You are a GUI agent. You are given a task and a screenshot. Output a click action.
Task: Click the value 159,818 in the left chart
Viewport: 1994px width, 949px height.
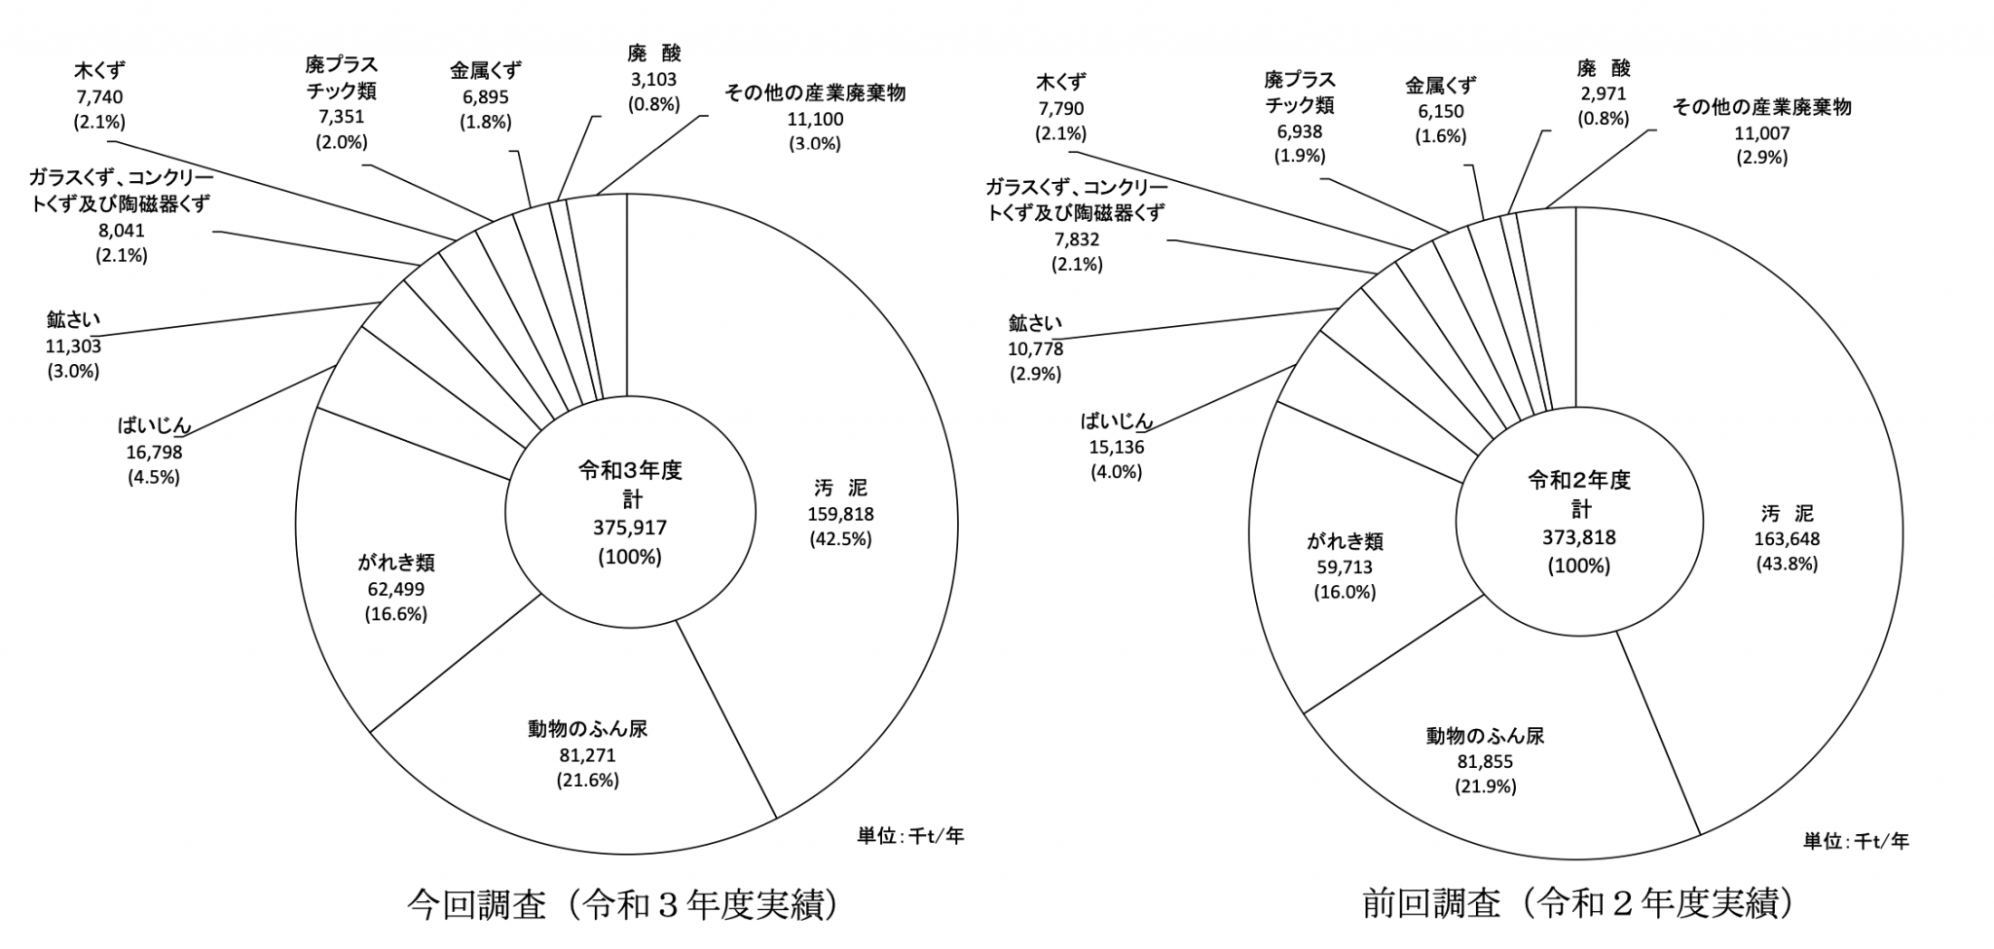tap(840, 514)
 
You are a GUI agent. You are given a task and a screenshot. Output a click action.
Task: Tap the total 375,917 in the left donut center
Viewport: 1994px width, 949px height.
tap(630, 528)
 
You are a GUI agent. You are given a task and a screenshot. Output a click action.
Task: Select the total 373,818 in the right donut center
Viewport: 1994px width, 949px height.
tap(1578, 537)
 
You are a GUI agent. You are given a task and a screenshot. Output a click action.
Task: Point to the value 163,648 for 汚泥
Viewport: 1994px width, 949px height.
tap(1787, 539)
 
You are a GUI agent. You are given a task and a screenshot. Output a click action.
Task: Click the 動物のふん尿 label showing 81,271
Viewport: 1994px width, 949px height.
tap(587, 755)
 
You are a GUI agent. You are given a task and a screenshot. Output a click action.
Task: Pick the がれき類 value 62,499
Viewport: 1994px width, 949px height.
tap(395, 589)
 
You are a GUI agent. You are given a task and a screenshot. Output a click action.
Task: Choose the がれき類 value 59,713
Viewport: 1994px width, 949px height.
tap(1345, 566)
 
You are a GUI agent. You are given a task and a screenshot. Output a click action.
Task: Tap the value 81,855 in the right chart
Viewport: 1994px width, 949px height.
tap(1485, 761)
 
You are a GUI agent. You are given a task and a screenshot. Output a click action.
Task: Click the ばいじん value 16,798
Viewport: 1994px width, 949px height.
tap(154, 452)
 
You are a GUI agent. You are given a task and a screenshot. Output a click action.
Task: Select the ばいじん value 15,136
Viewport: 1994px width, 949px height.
tap(1117, 447)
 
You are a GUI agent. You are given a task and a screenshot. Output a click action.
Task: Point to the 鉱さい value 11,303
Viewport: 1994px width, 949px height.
tap(73, 346)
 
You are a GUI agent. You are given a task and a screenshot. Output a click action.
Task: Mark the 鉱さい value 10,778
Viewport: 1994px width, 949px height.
tap(1035, 348)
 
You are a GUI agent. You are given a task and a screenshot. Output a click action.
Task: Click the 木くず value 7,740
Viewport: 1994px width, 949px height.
tap(99, 96)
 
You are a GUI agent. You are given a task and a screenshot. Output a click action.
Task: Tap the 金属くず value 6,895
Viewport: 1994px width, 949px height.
tap(485, 96)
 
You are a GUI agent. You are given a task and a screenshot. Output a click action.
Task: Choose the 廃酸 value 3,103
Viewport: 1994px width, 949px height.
tap(653, 79)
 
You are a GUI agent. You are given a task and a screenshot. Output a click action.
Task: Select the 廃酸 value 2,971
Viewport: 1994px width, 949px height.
tap(1603, 93)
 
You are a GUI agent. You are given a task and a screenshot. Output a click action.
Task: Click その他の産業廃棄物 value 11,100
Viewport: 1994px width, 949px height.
tap(815, 119)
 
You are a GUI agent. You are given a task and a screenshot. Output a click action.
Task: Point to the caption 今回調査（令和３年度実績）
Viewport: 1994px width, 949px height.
tap(623, 905)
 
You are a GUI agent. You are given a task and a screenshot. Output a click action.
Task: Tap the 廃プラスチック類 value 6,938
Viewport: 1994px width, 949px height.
tap(1299, 130)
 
